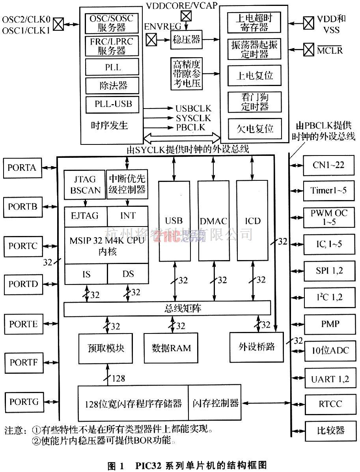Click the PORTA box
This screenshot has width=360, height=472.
pyautogui.click(x=22, y=167)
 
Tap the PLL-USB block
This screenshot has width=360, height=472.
pyautogui.click(x=113, y=105)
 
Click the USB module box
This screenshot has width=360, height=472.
pyautogui.click(x=173, y=221)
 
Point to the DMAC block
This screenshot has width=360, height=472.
pyautogui.click(x=213, y=221)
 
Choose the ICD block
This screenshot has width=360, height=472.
pyautogui.click(x=252, y=221)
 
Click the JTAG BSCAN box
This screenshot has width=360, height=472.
pyautogui.click(x=85, y=185)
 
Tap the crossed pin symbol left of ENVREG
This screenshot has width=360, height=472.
pyautogui.click(x=151, y=39)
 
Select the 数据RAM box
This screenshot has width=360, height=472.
pyautogui.click(x=171, y=348)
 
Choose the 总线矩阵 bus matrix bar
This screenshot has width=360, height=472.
pyautogui.click(x=167, y=308)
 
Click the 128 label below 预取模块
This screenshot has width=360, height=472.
pyautogui.click(x=118, y=378)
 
